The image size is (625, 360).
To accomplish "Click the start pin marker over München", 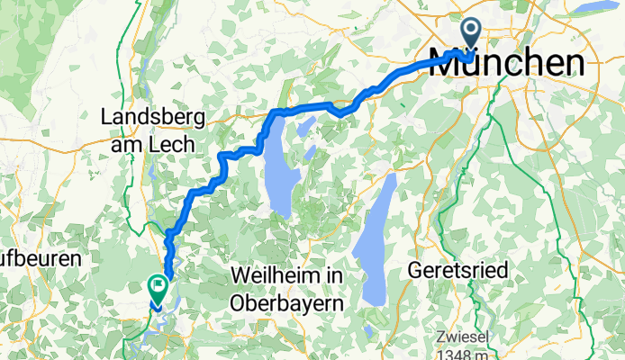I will coord(471,34).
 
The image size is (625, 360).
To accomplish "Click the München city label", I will coord(518,62).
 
